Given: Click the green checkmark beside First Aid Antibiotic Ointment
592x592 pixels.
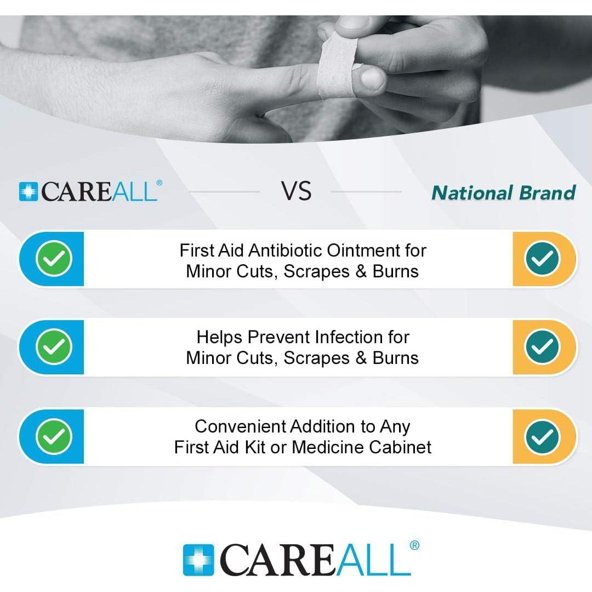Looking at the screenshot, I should pos(54,259).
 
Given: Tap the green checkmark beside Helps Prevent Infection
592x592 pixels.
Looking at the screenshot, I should pos(54,346).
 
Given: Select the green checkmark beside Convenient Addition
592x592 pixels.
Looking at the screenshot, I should pos(54,436).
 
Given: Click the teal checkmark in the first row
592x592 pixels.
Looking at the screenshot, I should pos(542,259).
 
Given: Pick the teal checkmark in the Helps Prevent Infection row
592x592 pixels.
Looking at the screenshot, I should pos(542,346).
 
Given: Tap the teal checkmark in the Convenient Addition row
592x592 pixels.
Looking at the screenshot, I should pos(542,436).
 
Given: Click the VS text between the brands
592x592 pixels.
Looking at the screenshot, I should pos(296,192).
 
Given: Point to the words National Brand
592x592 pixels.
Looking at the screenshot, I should pos(503,193).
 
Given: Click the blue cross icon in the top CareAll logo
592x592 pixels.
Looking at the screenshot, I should pos(29,192).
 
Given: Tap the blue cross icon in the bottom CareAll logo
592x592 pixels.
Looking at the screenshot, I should pos(198,560).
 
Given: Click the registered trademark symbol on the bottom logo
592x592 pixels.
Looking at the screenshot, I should pos(414,545).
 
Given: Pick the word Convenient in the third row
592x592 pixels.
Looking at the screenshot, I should pos(240,426).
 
